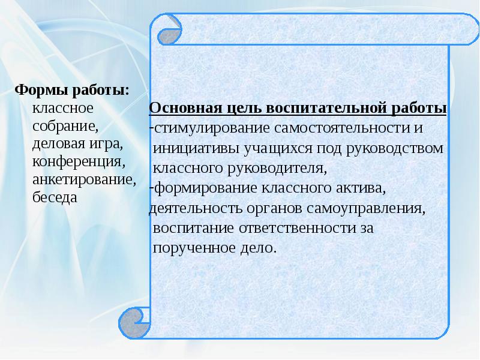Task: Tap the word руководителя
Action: pos(279,167)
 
